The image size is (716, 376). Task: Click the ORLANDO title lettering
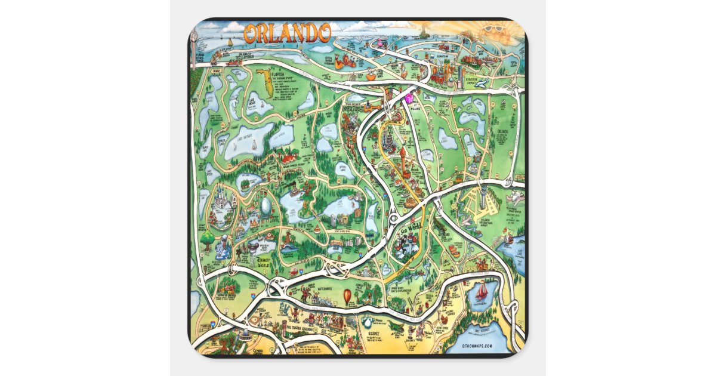point(287,33)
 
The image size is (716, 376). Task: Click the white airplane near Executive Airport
point(485,82)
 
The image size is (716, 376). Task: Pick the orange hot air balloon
point(347,296)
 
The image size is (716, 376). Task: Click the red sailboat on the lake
point(482,291)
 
